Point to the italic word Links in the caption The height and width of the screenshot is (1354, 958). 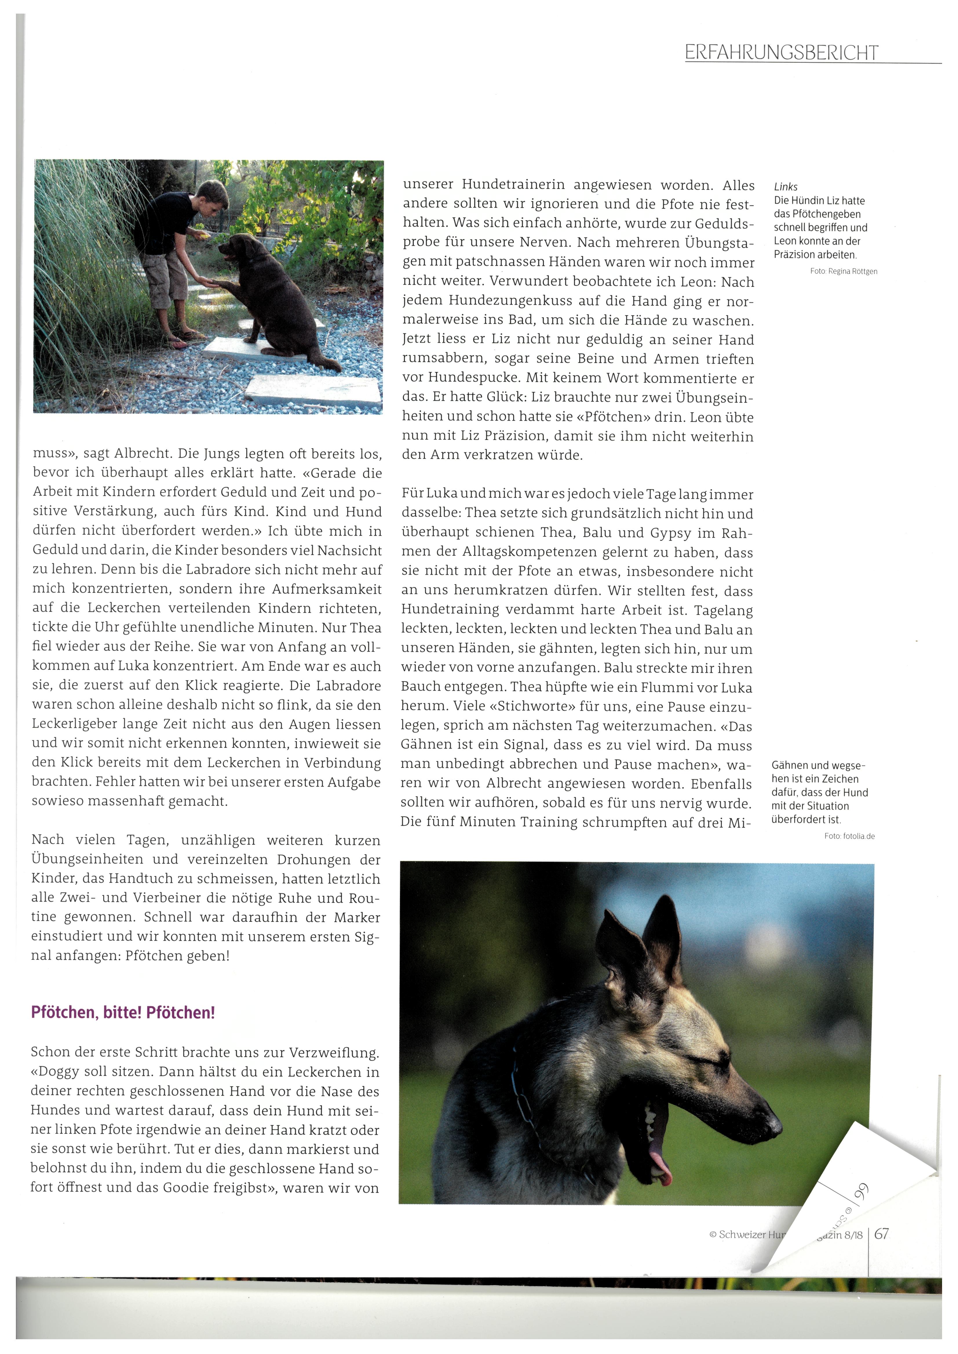[x=785, y=187]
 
